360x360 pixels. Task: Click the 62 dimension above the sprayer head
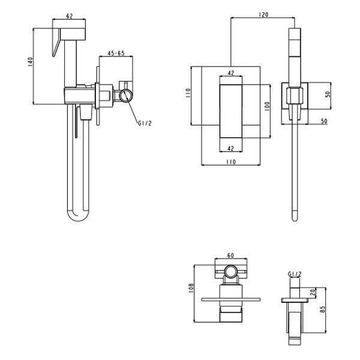point(70,16)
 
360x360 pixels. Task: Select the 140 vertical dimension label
point(30,62)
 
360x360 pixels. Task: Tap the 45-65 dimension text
point(116,53)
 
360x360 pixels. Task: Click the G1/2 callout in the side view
point(145,123)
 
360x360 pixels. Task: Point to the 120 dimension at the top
point(263,14)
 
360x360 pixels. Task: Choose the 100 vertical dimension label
point(267,107)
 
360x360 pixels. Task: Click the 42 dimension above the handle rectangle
point(231,73)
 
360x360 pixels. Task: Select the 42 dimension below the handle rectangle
point(230,148)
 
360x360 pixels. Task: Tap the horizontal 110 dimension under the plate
point(231,162)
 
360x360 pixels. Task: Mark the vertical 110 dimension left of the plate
point(188,93)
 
